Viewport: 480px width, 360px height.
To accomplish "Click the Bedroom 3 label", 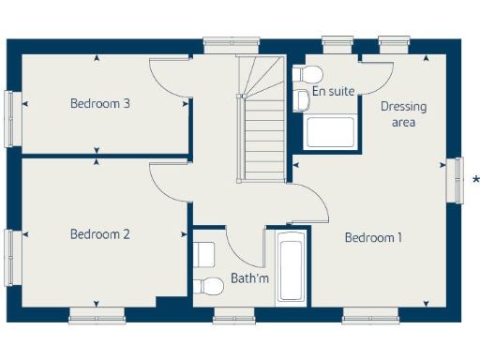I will (99, 103).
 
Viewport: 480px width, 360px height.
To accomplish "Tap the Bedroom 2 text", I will (99, 234).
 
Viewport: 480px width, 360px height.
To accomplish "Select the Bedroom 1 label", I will (373, 237).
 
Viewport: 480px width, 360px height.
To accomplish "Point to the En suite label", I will (334, 92).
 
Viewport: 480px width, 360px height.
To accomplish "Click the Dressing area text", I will (403, 114).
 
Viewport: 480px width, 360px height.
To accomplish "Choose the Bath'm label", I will (249, 279).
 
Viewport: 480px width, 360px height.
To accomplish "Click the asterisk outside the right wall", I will (475, 180).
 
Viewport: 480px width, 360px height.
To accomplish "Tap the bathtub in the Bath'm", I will (290, 270).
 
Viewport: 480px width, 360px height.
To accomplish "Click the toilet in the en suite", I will (309, 75).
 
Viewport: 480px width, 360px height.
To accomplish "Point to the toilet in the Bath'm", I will (203, 286).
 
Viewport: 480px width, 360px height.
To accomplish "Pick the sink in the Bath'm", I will (204, 253).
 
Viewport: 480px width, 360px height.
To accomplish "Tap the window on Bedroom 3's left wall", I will (10, 104).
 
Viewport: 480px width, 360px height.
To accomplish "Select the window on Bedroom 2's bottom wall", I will (97, 315).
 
